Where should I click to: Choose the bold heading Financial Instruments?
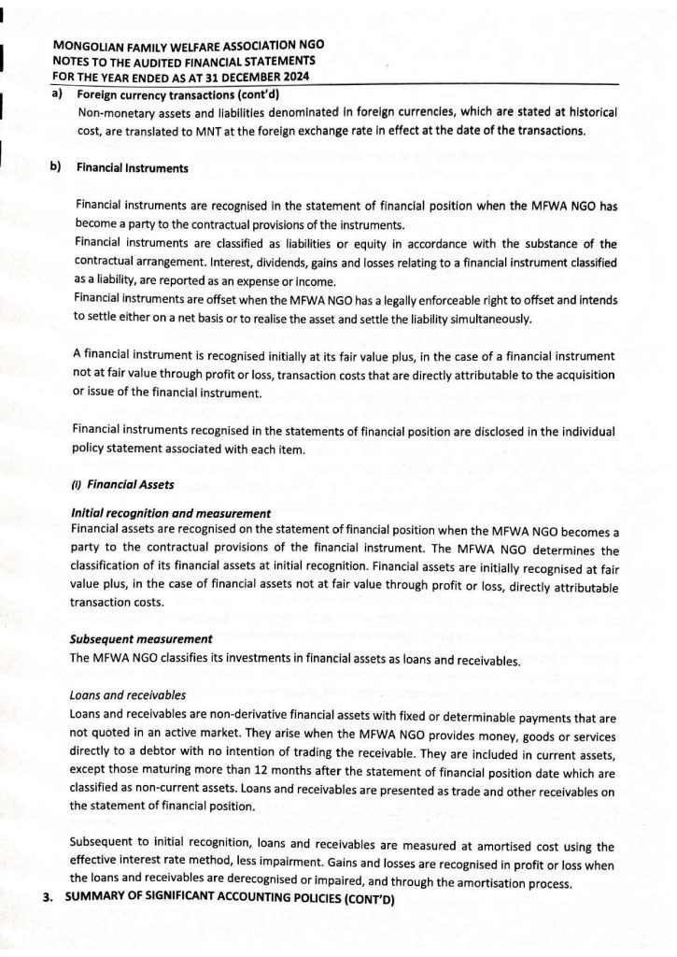click(x=132, y=168)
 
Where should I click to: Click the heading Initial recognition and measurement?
click(x=170, y=513)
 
